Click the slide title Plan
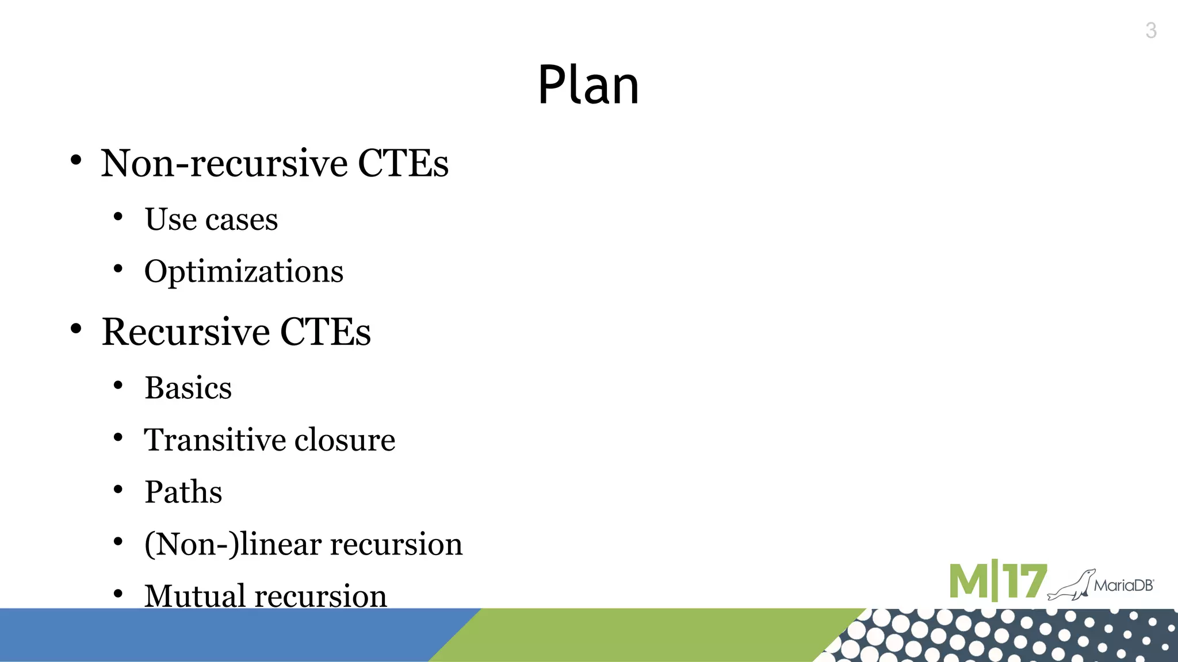(x=588, y=85)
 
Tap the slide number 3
(x=1150, y=30)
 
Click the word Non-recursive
(x=224, y=163)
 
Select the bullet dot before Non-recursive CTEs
(x=76, y=160)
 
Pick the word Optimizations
(x=244, y=272)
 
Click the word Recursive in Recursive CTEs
(x=186, y=332)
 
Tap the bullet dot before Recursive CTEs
(x=76, y=329)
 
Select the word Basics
(x=188, y=388)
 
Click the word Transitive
(x=215, y=440)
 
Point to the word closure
(x=345, y=440)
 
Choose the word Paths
(x=183, y=492)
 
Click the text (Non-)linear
(x=232, y=544)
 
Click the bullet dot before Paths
(x=118, y=490)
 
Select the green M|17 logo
(x=997, y=582)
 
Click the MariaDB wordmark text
(x=1123, y=586)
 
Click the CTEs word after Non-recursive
(x=403, y=163)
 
